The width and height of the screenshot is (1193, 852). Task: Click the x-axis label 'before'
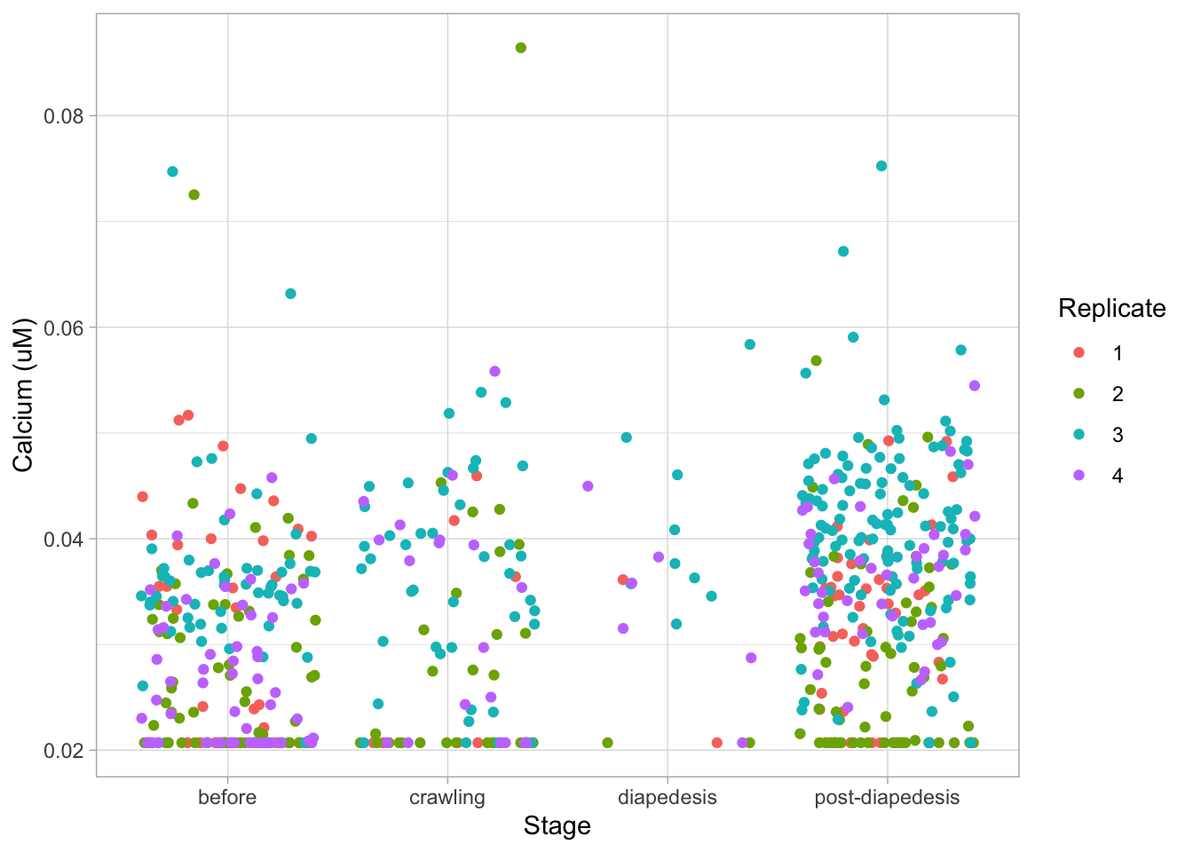227,797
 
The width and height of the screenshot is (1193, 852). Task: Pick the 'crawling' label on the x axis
447,797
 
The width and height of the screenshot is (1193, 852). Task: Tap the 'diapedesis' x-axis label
668,797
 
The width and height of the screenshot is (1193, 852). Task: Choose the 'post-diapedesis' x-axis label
887,797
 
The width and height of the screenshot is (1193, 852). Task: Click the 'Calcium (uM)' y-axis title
23,395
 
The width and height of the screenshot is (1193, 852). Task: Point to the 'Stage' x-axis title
557,826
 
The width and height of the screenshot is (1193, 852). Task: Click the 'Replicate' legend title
1112,309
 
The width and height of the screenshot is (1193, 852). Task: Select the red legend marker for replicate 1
1079,353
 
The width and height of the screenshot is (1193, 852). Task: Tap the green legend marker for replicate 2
1079,394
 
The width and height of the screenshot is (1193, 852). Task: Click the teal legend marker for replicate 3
1079,435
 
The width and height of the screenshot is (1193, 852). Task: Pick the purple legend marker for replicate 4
1079,476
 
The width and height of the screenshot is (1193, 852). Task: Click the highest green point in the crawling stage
521,48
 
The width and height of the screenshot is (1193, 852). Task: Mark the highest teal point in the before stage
172,171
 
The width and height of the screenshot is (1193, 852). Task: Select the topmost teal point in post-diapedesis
881,166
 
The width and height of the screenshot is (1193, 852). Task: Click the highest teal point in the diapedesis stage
750,344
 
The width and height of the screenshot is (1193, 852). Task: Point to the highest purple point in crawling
495,371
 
